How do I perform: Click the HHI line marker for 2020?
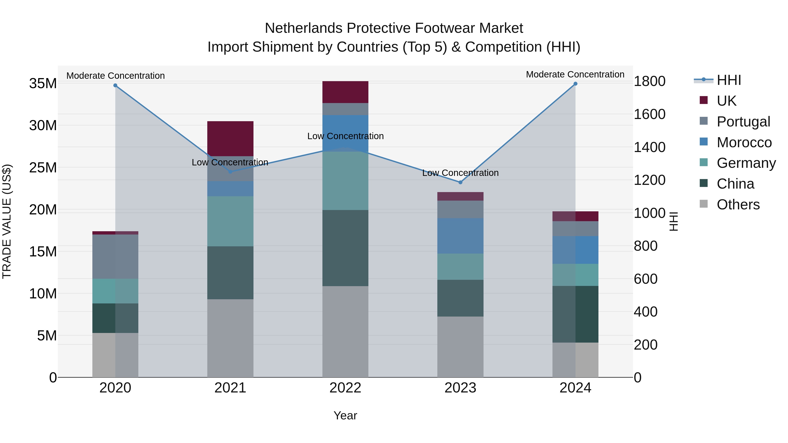115,86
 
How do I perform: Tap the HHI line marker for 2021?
230,172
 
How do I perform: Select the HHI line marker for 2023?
460,182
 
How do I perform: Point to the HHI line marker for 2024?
575,84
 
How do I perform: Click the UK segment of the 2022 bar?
345,92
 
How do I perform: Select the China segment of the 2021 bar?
230,273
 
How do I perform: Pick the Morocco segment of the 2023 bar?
460,236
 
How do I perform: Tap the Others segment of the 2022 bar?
345,332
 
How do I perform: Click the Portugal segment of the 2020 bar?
115,257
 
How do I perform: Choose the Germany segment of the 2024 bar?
575,275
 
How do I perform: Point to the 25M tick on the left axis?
43,168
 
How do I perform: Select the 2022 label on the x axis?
345,388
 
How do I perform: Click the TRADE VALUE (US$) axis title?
7,221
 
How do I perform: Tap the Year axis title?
345,415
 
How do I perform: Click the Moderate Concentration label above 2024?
575,74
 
